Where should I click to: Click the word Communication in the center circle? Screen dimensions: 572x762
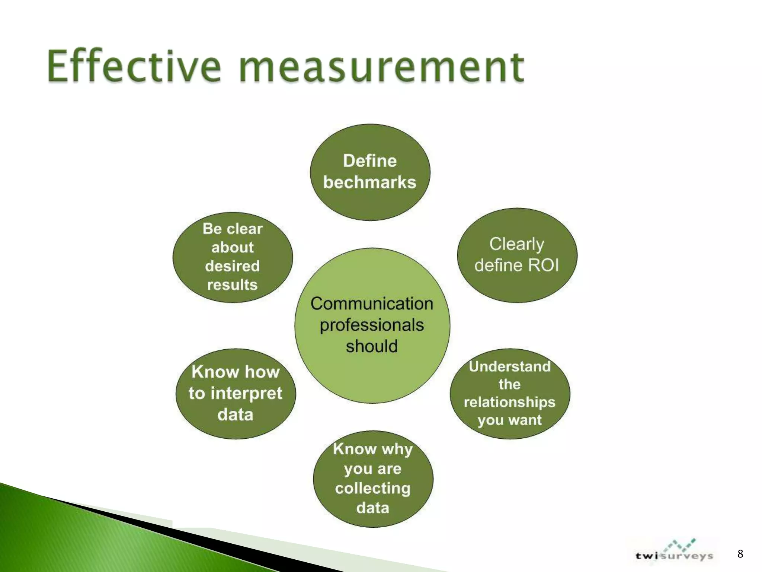click(x=372, y=304)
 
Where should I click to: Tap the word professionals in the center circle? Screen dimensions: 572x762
click(x=372, y=325)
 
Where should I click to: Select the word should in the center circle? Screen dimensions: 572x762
click(x=372, y=346)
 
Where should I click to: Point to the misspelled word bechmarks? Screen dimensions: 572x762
click(x=369, y=182)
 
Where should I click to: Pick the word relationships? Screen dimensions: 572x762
click(x=509, y=402)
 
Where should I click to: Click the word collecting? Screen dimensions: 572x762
click(x=372, y=488)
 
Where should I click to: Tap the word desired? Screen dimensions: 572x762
click(x=232, y=266)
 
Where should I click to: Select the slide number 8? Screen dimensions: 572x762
click(x=740, y=554)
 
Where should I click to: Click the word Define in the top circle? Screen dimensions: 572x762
click(x=370, y=161)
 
